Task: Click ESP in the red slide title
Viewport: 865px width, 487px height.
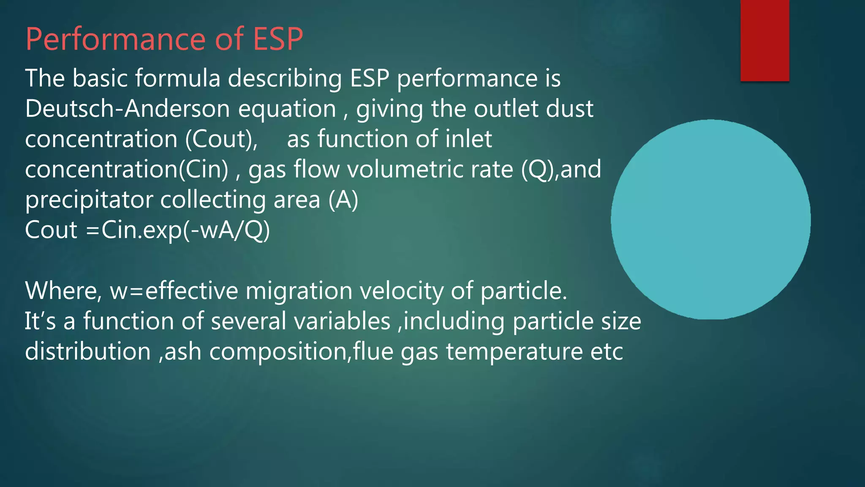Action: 277,39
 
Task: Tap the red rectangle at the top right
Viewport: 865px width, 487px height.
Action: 764,40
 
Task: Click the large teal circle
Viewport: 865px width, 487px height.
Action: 710,219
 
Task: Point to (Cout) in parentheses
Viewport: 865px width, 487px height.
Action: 221,139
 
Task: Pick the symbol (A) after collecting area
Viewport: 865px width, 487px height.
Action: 343,200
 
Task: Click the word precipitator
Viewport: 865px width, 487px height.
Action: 89,200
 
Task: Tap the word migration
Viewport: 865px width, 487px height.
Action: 299,291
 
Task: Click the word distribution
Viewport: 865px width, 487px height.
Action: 88,351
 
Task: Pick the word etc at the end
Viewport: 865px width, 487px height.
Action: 606,351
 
